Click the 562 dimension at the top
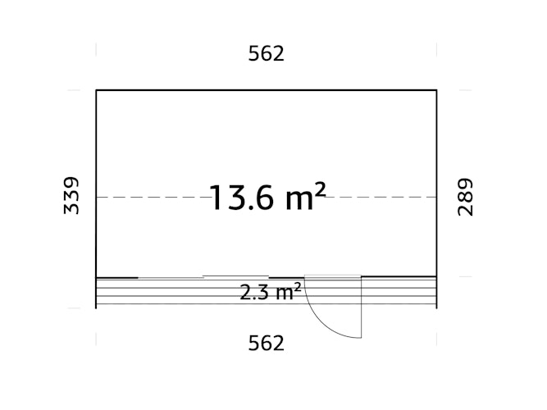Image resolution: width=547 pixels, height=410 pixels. point(266,54)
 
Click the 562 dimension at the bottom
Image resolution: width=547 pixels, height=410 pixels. point(266,343)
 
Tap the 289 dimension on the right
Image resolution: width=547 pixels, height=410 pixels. point(465,197)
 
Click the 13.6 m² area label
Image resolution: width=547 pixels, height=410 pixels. point(267,198)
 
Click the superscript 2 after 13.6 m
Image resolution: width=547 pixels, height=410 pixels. point(320,189)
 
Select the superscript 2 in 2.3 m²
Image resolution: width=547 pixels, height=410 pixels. point(297,286)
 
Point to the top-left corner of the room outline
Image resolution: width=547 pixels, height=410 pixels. point(97,89)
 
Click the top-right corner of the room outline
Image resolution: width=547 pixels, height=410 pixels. point(436,89)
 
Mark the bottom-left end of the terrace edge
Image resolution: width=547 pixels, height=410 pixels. point(97,307)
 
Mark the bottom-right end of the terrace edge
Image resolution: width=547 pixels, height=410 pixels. point(436,307)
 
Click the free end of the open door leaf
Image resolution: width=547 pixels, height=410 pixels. point(360,337)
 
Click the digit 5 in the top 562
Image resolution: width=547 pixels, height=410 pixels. point(254,54)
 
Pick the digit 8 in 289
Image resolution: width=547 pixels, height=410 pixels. point(465,197)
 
